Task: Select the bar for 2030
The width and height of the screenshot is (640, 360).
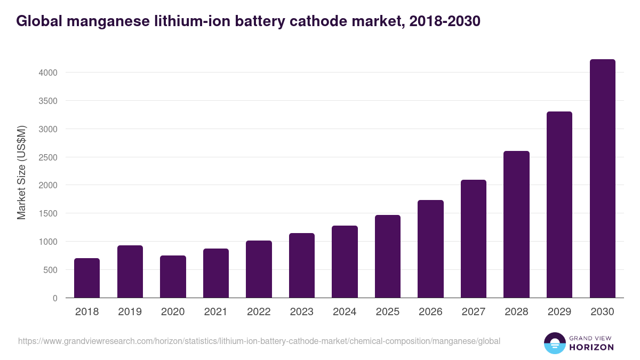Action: coord(602,179)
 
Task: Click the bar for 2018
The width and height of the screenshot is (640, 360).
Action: coord(87,278)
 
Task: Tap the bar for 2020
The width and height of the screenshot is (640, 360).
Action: coord(173,277)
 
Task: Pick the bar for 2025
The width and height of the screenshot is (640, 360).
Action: coord(387,257)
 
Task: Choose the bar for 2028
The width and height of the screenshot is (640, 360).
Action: coord(516,225)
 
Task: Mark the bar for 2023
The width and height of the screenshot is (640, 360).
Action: coord(301,266)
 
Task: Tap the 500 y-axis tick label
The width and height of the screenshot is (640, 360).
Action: coord(50,270)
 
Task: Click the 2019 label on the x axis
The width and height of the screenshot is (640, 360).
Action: coord(130,312)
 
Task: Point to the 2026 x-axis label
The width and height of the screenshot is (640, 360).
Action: coord(430,312)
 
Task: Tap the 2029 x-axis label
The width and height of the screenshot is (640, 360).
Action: coord(559,312)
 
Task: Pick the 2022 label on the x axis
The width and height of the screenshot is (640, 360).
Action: coord(259,312)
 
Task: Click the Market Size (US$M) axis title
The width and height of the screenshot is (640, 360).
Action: coord(21,172)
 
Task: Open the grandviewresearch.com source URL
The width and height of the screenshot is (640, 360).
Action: coord(259,341)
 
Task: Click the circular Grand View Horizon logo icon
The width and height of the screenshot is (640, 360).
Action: coord(554,343)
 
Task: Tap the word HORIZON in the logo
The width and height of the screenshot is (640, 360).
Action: coord(592,347)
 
